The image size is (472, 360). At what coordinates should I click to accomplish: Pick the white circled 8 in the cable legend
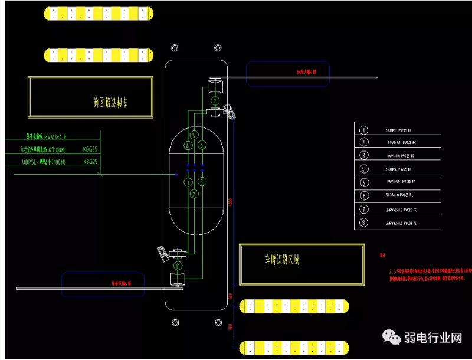point(364,223)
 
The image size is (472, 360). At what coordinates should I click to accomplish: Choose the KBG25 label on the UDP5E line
point(90,161)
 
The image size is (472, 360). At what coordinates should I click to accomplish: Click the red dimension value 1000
point(230,326)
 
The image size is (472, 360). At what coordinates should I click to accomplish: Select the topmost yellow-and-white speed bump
point(99,12)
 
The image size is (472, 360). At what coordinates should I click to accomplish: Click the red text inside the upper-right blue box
point(306,72)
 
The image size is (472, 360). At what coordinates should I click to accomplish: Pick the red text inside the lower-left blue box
point(128,283)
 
